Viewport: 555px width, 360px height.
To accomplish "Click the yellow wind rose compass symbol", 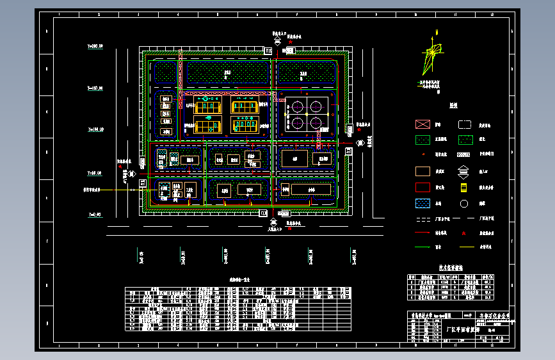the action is point(433,58).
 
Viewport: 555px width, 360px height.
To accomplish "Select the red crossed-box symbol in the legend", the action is point(422,124).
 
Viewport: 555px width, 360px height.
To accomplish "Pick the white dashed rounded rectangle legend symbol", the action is point(465,124).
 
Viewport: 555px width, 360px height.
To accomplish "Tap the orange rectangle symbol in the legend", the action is point(422,171).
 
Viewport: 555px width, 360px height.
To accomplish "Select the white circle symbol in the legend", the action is point(465,204).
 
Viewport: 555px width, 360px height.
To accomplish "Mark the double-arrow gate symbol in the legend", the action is point(465,171).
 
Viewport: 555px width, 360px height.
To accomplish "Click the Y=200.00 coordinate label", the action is point(95,46).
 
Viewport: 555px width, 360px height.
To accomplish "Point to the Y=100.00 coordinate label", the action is point(95,130).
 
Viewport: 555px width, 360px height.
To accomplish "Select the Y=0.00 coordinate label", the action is point(95,215).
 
